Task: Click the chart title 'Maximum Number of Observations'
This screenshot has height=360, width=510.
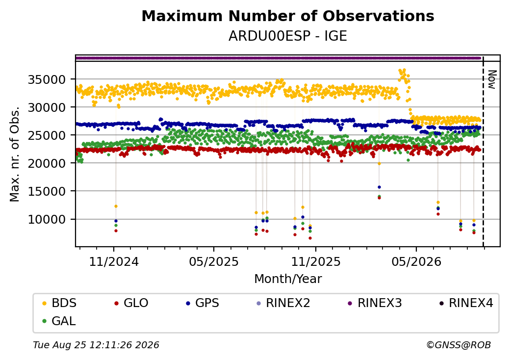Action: coord(288,16)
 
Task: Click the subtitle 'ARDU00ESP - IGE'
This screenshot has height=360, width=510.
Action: coord(288,36)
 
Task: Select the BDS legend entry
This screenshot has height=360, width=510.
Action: coord(59,303)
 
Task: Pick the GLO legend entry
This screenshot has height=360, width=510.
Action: coord(131,303)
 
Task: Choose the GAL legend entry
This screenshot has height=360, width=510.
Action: coord(59,321)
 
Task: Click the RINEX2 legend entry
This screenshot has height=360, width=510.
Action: coord(283,303)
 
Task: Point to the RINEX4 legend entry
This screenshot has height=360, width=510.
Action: coord(466,303)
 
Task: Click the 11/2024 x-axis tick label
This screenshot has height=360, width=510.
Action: coord(114,262)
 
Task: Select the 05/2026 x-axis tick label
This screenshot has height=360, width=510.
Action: coord(417,262)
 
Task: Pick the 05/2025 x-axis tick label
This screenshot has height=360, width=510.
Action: coord(214,262)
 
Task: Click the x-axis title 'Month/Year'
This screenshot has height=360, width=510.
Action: coord(288,279)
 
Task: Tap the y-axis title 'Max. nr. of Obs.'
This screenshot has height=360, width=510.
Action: coord(15,154)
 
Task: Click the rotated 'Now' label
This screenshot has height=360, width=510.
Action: coord(492,79)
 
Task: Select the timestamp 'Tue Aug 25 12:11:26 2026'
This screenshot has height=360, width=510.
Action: coord(96,345)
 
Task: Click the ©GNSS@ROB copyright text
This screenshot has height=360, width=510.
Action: coord(459,345)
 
